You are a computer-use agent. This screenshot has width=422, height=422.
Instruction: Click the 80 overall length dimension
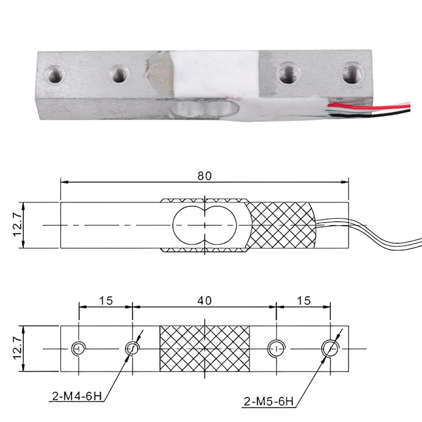(205, 176)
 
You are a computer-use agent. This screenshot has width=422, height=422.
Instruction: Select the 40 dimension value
(205, 300)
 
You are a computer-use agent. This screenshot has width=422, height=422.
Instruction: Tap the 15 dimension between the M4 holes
(105, 300)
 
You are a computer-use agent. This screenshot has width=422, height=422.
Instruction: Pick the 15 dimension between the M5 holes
(303, 300)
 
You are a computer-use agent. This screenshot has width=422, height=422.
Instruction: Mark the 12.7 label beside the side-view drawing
(18, 225)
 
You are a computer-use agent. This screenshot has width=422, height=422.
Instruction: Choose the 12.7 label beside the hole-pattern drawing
(18, 349)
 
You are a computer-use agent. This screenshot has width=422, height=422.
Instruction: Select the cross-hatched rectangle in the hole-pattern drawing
(204, 349)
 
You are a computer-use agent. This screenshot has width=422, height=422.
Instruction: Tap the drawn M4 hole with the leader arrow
(132, 348)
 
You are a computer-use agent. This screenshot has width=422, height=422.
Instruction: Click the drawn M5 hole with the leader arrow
(330, 348)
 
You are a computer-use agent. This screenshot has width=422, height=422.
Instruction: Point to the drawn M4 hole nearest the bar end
(78, 348)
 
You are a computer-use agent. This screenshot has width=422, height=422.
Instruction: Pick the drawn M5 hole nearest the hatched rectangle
(276, 348)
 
